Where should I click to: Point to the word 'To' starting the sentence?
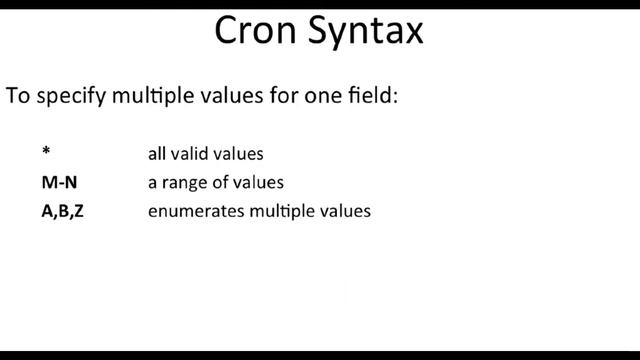17,97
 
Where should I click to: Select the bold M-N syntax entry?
58,183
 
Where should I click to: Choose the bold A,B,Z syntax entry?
63,212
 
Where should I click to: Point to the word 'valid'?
193,154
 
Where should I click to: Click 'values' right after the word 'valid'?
240,154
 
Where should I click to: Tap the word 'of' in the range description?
223,183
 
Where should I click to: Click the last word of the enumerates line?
347,212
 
